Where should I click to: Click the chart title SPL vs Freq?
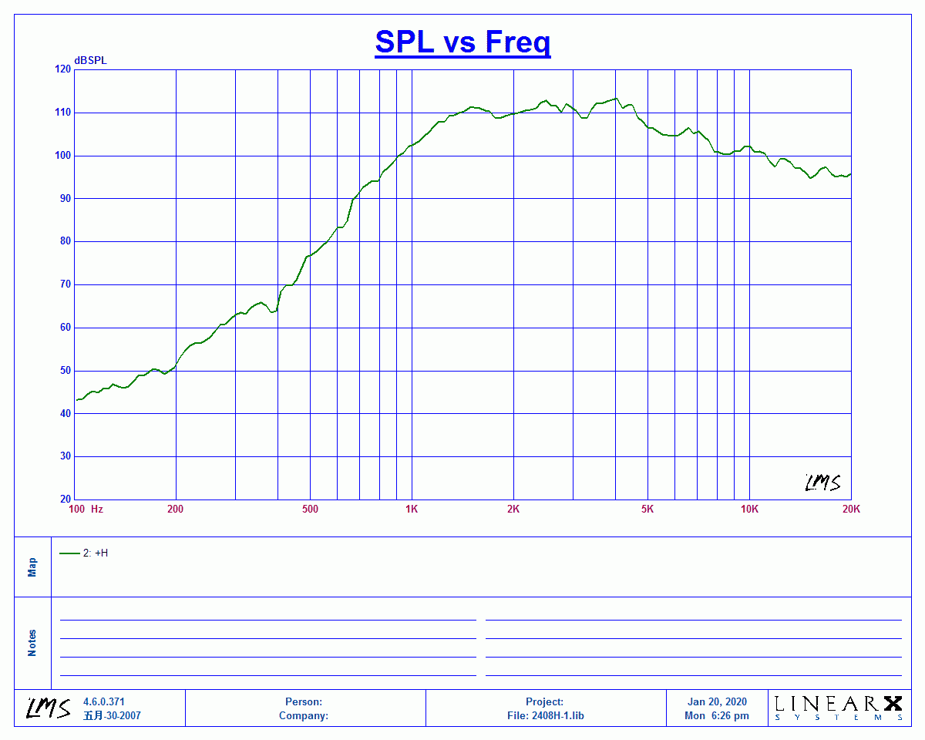[x=462, y=42]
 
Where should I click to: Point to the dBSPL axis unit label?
[x=90, y=61]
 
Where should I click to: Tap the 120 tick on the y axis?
[x=62, y=69]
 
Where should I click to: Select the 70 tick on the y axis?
[x=66, y=284]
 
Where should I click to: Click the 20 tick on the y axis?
[x=66, y=499]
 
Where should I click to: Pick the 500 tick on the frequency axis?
[x=310, y=510]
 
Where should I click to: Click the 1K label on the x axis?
[x=412, y=510]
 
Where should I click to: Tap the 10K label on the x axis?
[x=749, y=510]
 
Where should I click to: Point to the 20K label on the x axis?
[x=851, y=510]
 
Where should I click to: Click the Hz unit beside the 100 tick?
[x=97, y=510]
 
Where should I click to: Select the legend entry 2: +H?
[x=84, y=553]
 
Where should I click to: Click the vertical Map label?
[x=32, y=567]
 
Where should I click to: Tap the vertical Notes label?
[x=32, y=643]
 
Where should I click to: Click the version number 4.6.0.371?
[x=103, y=701]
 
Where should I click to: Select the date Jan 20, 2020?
[x=717, y=701]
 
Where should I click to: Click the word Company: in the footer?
[x=304, y=715]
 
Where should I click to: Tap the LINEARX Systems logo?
[x=838, y=708]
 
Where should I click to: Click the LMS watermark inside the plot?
[x=822, y=483]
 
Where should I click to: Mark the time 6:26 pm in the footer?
[x=730, y=715]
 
